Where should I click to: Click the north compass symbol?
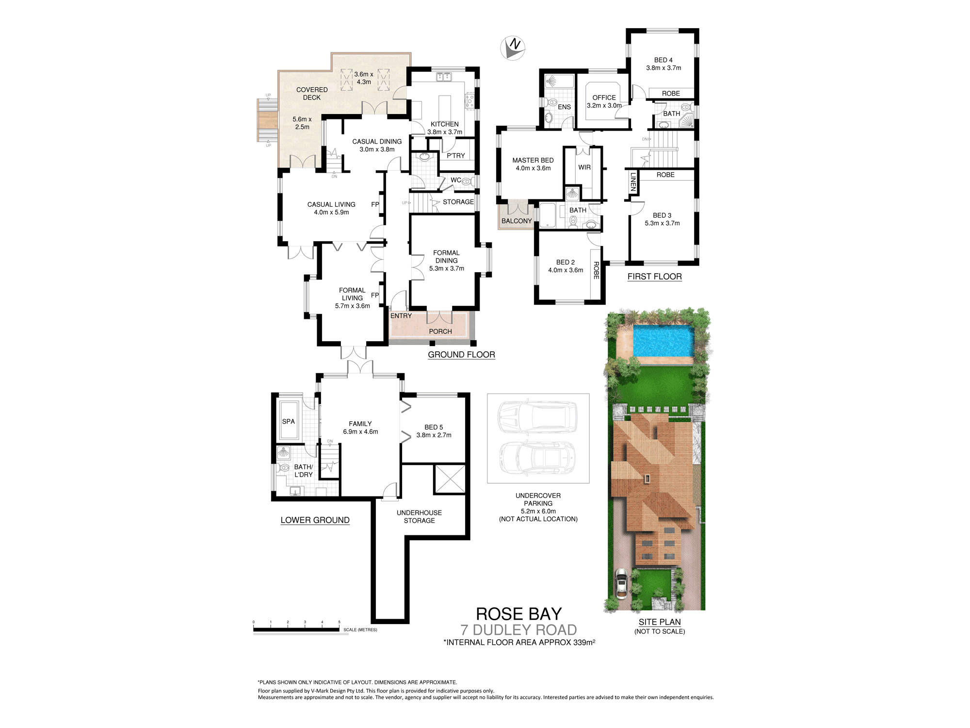tap(513, 48)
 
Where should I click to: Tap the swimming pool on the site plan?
tap(663, 341)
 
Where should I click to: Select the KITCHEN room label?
tap(445, 124)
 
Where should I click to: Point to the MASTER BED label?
tap(533, 160)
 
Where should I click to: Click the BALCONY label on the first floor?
tap(517, 221)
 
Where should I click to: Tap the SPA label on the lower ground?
tap(289, 421)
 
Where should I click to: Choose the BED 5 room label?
tap(434, 427)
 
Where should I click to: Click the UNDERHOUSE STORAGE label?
tap(420, 516)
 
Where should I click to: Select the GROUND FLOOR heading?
tap(461, 355)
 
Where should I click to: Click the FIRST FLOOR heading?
tap(655, 277)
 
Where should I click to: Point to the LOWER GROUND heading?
tap(315, 520)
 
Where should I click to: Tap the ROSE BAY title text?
tap(519, 614)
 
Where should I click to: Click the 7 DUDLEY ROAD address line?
tap(519, 630)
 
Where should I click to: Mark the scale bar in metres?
tap(296, 630)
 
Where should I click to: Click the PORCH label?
tap(440, 331)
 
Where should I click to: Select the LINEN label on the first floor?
tap(633, 182)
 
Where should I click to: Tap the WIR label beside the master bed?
tap(584, 167)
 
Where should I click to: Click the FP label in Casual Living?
tap(375, 204)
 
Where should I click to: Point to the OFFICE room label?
tap(604, 98)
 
